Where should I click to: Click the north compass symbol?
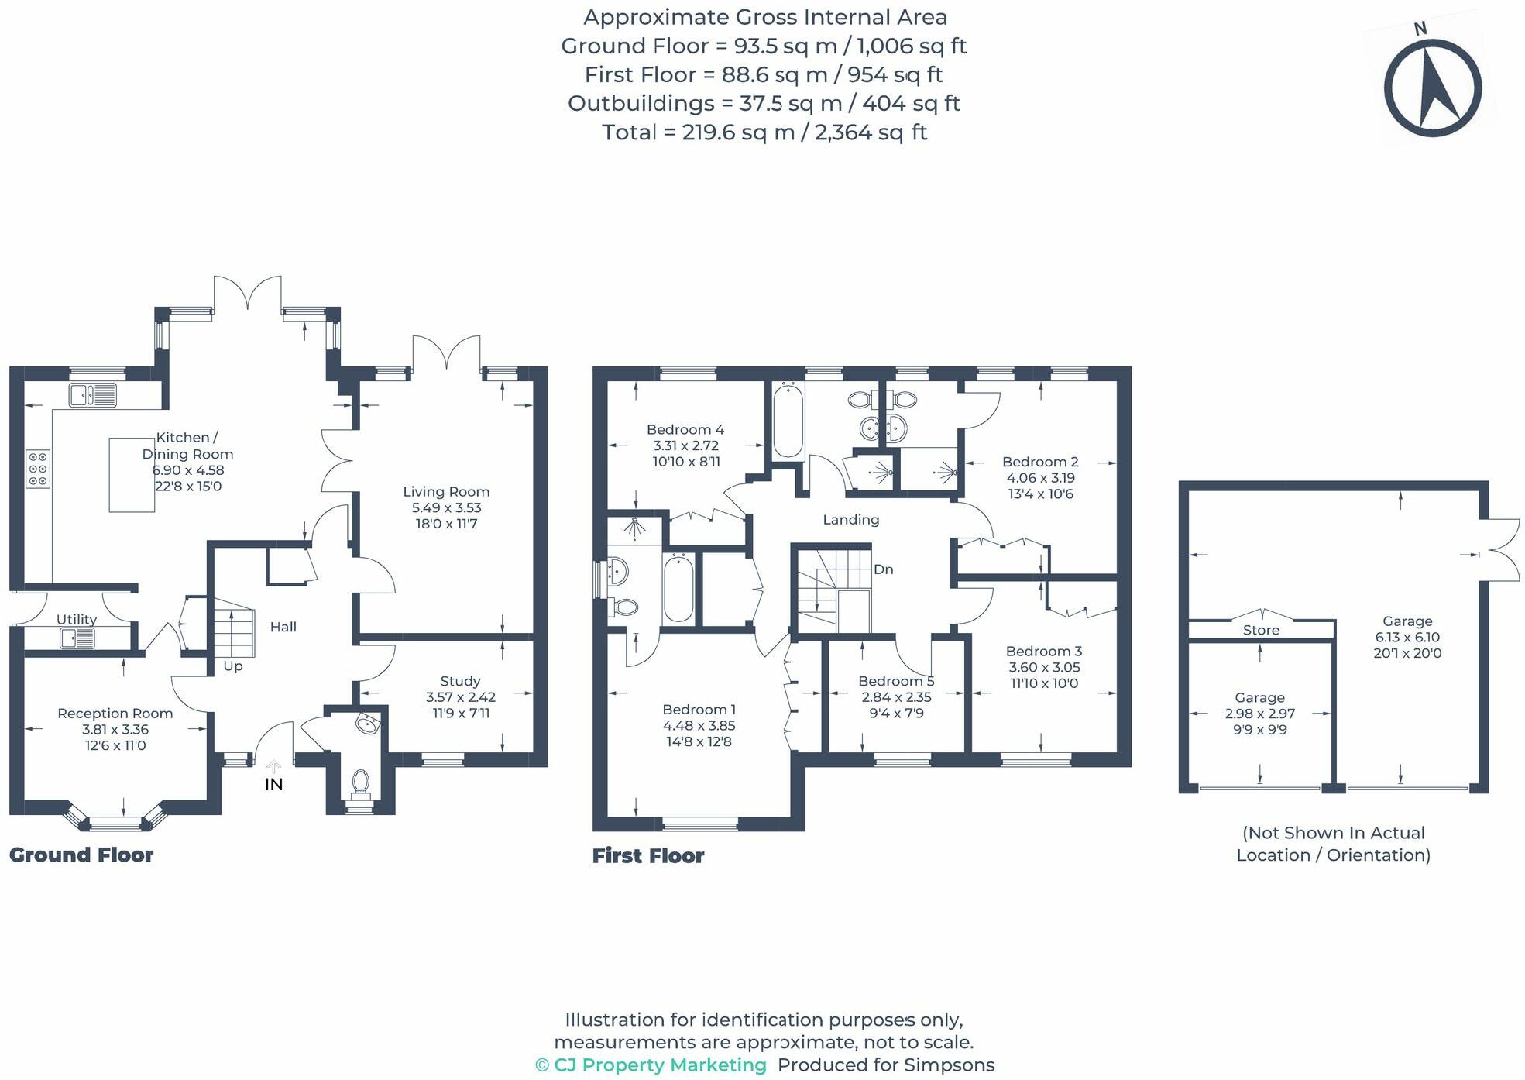pos(1432,87)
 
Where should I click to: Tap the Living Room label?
pos(446,491)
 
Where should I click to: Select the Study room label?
pos(460,681)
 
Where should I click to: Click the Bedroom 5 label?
pos(896,681)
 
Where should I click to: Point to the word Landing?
pos(850,519)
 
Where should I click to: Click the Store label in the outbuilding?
pos(1261,630)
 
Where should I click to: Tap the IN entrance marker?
pos(273,784)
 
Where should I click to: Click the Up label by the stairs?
pos(233,666)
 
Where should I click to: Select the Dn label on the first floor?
pos(884,569)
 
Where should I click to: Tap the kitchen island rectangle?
pos(132,475)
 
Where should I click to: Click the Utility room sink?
pos(77,638)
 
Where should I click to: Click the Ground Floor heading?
pos(81,855)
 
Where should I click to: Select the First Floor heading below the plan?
pos(648,855)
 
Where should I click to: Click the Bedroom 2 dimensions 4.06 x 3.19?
pos(1040,478)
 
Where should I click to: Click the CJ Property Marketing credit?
pos(651,1065)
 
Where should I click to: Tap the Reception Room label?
pos(115,713)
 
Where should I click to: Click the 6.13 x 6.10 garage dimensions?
pos(1407,637)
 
